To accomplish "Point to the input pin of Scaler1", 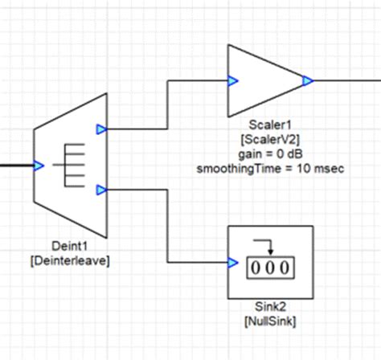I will pyautogui.click(x=232, y=80).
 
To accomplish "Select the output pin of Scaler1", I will pyautogui.click(x=306, y=80).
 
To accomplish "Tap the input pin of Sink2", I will pyautogui.click(x=232, y=262).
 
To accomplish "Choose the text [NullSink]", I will pyautogui.click(x=270, y=321).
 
